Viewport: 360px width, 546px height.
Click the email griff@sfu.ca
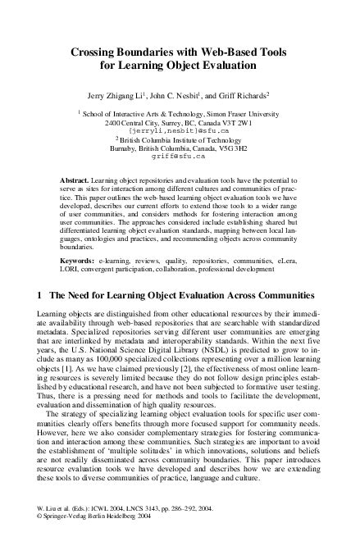coord(180,155)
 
